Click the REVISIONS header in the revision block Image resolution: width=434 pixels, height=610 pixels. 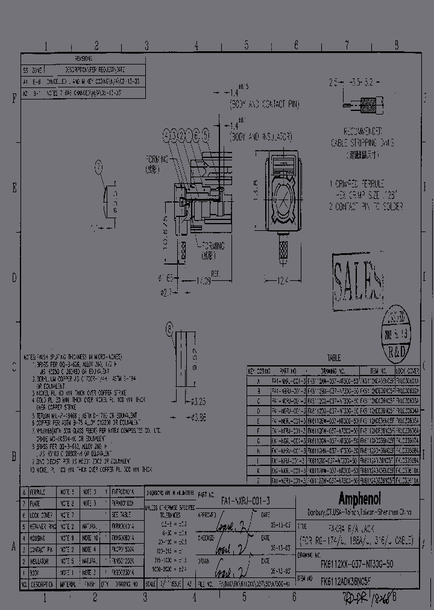point(83,58)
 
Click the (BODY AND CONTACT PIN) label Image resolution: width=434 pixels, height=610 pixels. point(264,105)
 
